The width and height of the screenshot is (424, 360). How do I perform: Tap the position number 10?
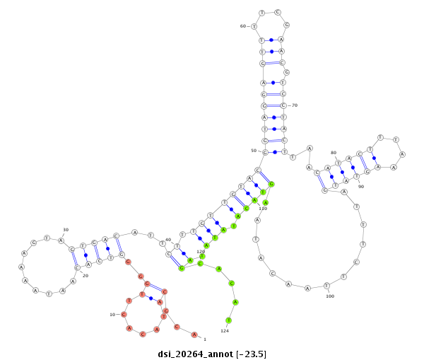(112, 314)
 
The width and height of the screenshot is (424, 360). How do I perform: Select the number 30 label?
(66, 230)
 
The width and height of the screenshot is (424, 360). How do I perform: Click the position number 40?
(168, 240)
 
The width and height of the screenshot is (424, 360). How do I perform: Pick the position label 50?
(254, 151)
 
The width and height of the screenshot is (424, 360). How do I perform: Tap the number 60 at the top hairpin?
(243, 26)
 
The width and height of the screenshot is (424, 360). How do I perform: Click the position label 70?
(295, 105)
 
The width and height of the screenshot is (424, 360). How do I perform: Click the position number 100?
(330, 296)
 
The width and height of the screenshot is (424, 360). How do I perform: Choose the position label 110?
(263, 209)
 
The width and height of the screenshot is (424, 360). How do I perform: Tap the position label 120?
(200, 251)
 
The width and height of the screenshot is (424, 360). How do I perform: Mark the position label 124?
(225, 330)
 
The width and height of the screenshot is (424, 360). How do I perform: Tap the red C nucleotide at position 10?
(123, 313)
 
